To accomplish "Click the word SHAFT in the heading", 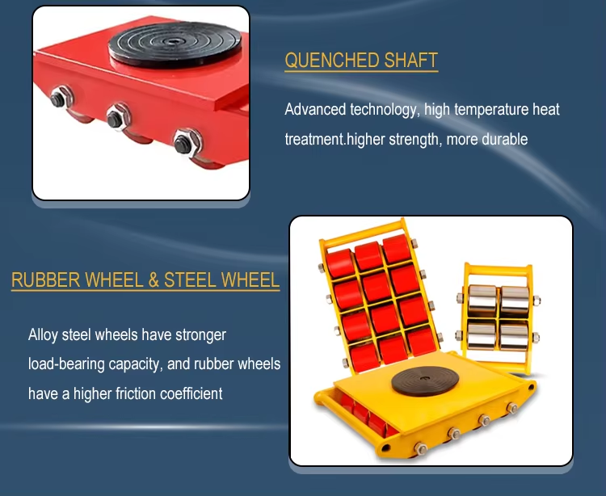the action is (x=410, y=61).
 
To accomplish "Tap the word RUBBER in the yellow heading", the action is (x=45, y=280).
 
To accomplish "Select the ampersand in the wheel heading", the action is (x=154, y=280).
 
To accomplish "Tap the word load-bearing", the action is (x=66, y=364).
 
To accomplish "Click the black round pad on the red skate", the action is (x=175, y=44).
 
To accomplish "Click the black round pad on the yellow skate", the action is (x=425, y=380).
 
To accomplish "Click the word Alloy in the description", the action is (x=43, y=335).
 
